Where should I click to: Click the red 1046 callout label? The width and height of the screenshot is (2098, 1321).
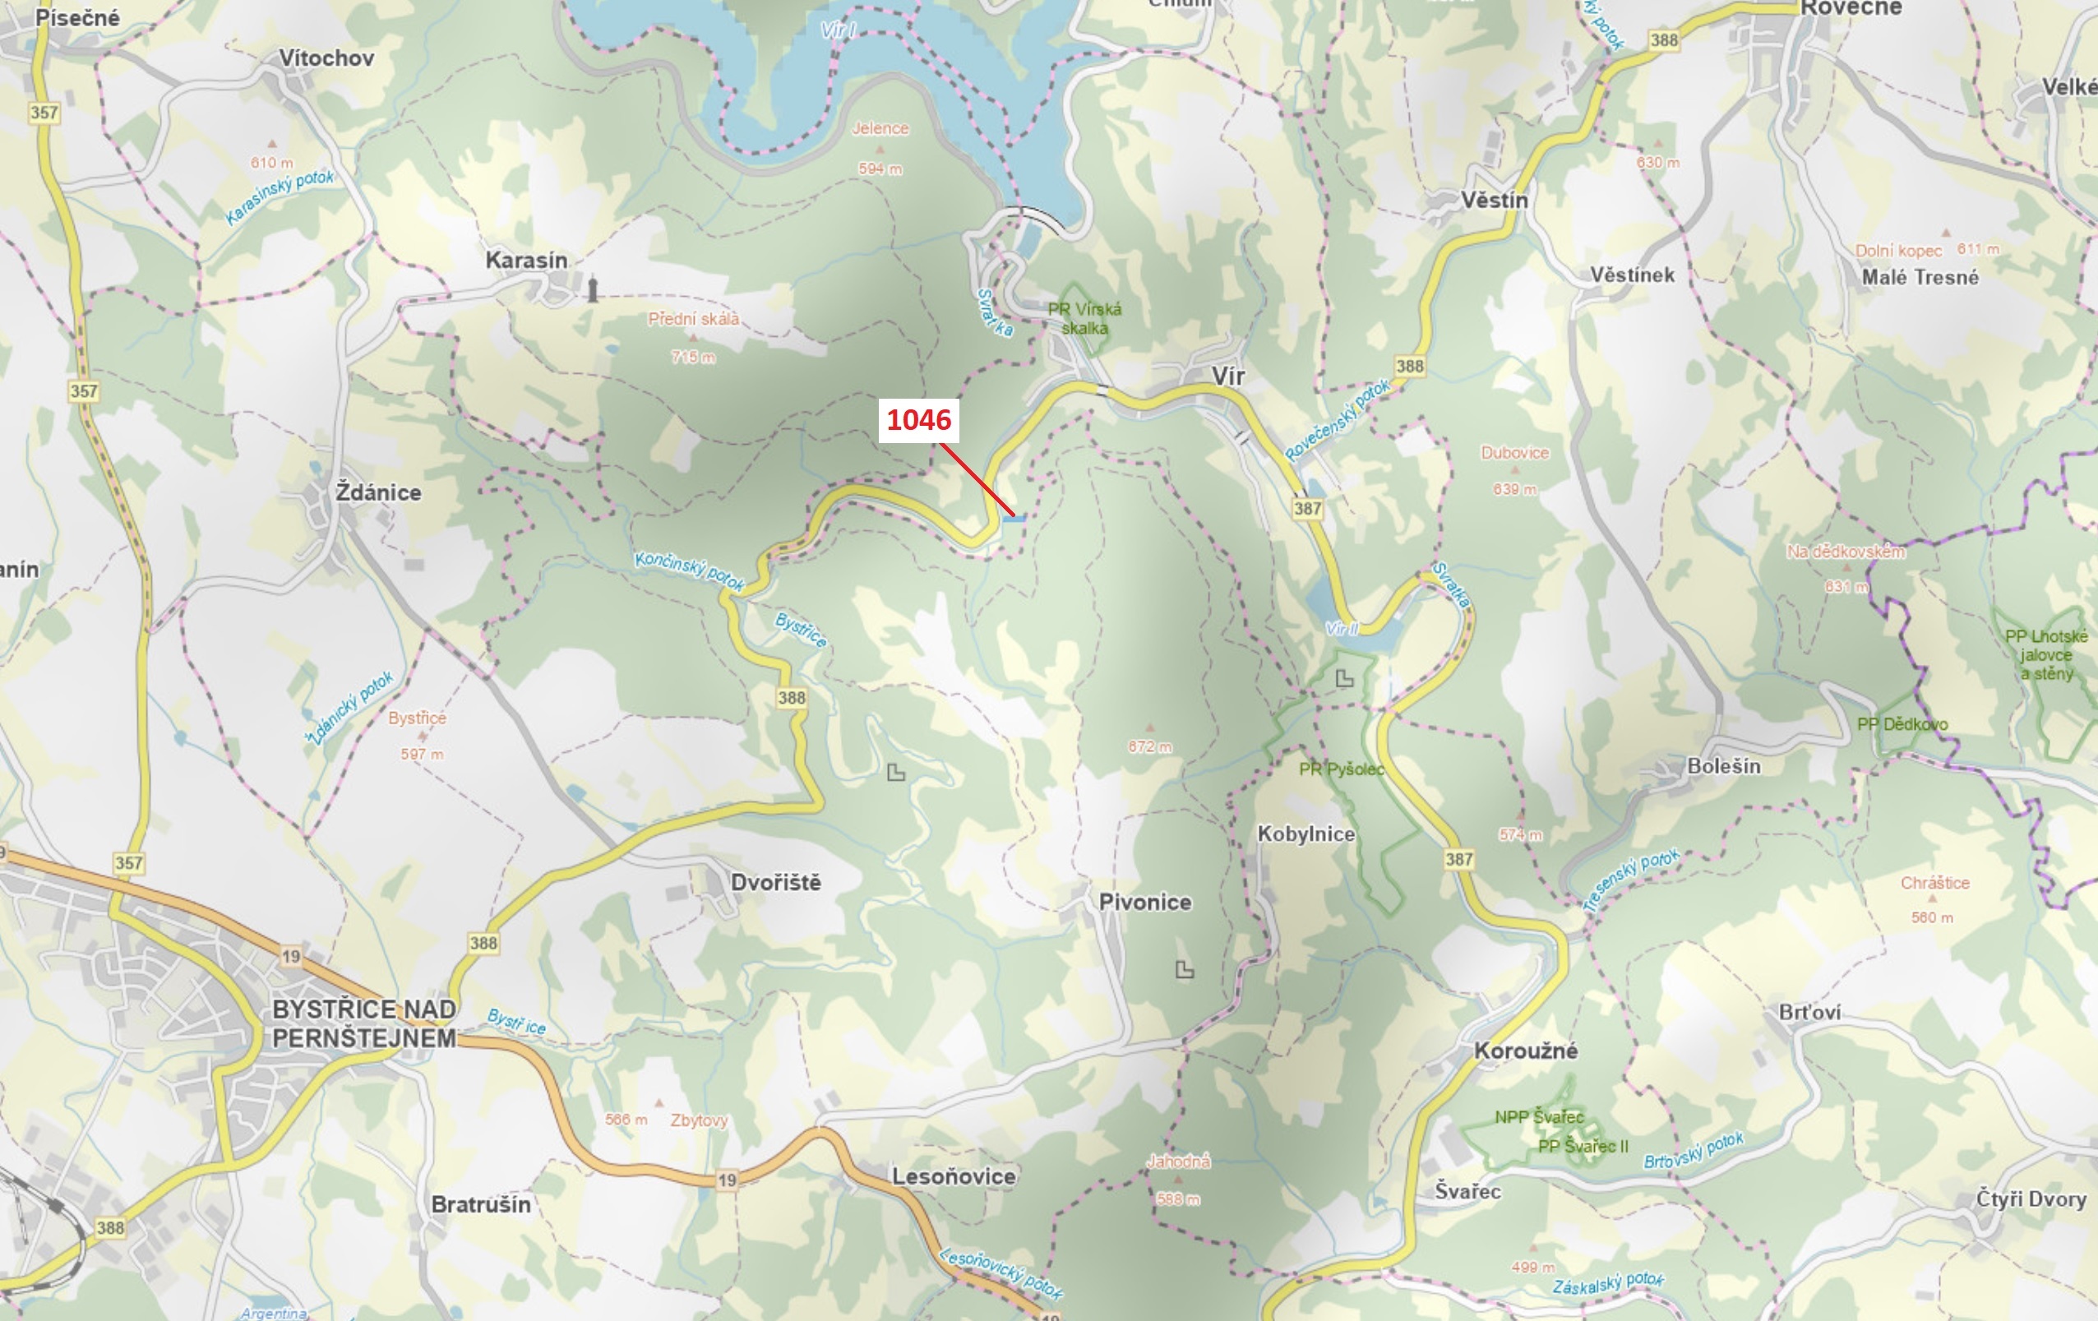(x=918, y=420)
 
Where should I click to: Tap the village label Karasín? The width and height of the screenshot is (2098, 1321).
(x=526, y=261)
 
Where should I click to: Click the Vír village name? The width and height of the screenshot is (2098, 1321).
(x=1227, y=376)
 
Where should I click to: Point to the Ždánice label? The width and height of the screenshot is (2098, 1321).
(x=378, y=493)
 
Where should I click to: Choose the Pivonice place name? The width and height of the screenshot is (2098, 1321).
(x=1145, y=903)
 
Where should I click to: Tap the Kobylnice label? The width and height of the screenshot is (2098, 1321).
(x=1305, y=834)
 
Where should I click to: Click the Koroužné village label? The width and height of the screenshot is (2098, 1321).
(x=1525, y=1051)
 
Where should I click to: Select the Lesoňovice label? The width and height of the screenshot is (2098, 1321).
(x=953, y=1176)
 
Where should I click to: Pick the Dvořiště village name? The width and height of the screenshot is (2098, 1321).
(x=775, y=883)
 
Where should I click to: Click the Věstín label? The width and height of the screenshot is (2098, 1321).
(x=1495, y=201)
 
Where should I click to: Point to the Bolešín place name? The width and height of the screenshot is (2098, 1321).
(x=1723, y=766)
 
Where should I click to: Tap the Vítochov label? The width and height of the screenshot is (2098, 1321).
(x=326, y=58)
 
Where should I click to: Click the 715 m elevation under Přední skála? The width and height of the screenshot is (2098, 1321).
(x=693, y=358)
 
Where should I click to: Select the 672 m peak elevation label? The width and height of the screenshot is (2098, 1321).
(x=1149, y=746)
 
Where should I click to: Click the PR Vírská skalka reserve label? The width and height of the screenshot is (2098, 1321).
(x=1084, y=318)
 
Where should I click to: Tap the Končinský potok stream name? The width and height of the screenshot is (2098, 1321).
(x=689, y=570)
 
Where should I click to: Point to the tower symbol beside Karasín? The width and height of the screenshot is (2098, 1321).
(x=593, y=289)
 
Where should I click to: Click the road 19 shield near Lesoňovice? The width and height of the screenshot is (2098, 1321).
(x=727, y=1180)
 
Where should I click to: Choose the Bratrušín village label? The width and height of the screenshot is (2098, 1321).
(x=481, y=1204)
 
